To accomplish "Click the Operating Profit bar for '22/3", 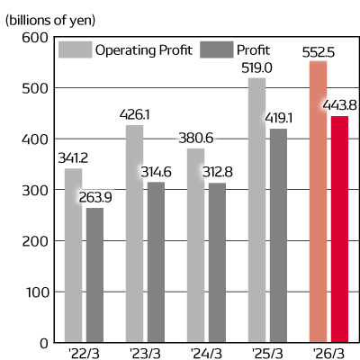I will coord(74,256).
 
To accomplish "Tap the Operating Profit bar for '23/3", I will coord(135,234).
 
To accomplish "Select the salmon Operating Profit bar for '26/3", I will coord(318,202).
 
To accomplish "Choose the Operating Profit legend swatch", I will coord(73,49).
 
